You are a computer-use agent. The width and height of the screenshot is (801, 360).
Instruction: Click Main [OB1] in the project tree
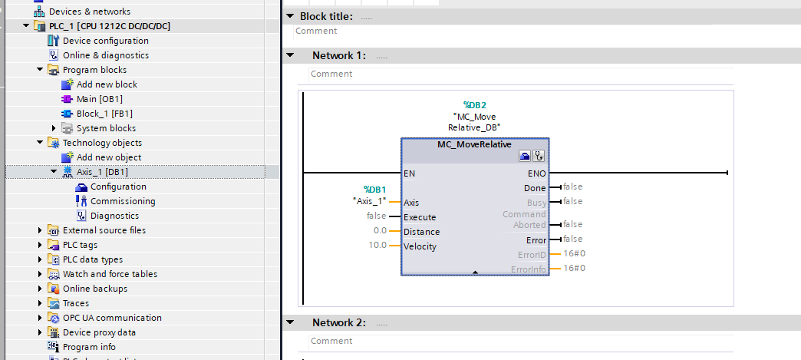tap(99, 99)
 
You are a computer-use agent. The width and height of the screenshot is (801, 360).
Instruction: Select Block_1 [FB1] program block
tap(99, 114)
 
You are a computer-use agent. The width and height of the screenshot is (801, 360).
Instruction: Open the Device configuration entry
tap(105, 41)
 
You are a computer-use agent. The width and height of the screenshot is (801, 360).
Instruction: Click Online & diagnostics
tap(105, 55)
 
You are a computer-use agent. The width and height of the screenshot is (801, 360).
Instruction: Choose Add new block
tap(107, 84)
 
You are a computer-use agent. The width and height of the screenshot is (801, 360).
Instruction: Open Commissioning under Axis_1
tap(122, 201)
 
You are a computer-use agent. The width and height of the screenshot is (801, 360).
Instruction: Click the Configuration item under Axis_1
tap(117, 187)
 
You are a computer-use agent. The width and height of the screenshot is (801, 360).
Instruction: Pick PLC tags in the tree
tap(80, 245)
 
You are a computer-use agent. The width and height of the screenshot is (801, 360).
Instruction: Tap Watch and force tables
tap(110, 274)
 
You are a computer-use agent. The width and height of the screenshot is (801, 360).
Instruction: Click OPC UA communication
tap(112, 318)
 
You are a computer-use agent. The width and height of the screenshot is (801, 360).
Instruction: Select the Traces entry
tap(76, 303)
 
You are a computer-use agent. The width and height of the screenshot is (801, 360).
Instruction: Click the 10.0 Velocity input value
tap(377, 246)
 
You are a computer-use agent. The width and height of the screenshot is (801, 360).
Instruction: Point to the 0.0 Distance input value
tap(380, 230)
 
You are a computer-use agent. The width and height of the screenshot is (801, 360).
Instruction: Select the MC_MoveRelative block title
tap(474, 144)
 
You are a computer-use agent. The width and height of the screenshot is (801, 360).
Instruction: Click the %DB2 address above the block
tap(475, 105)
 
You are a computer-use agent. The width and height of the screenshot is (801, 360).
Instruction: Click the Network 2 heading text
tap(338, 322)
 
